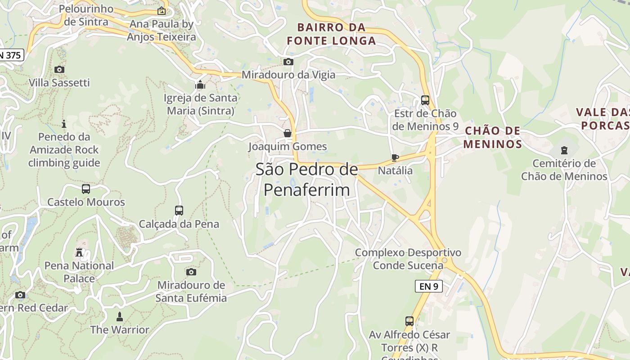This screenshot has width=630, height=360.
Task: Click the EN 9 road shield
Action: [x=428, y=286]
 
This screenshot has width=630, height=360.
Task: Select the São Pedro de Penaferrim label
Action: [x=307, y=180]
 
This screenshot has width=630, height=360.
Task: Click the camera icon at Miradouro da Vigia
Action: [x=288, y=62]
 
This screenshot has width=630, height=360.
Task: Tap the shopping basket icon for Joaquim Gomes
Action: [x=288, y=133]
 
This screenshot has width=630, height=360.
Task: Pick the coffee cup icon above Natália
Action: [x=395, y=157]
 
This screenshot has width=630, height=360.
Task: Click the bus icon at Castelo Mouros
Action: [x=86, y=189]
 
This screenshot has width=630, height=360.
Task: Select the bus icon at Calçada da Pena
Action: [x=179, y=211]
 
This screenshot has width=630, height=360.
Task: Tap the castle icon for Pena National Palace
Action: [x=79, y=252]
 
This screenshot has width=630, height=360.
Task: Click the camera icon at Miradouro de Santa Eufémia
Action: [x=191, y=272]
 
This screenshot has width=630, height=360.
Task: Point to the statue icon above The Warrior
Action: [x=119, y=316]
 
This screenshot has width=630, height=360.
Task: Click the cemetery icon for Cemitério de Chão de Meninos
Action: [x=564, y=150]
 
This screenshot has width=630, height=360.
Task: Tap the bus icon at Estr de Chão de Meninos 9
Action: [x=425, y=100]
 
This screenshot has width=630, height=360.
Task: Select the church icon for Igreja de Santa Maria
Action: [x=200, y=85]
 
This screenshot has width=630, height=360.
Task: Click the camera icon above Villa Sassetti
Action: [x=59, y=69]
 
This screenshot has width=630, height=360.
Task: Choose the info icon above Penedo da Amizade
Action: [x=64, y=123]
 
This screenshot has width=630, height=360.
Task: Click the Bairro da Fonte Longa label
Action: [x=331, y=34]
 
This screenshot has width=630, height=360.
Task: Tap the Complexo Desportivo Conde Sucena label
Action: [x=408, y=259]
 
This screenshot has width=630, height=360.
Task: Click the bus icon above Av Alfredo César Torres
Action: [x=409, y=321]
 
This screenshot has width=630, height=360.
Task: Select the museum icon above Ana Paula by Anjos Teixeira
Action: [x=161, y=11]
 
